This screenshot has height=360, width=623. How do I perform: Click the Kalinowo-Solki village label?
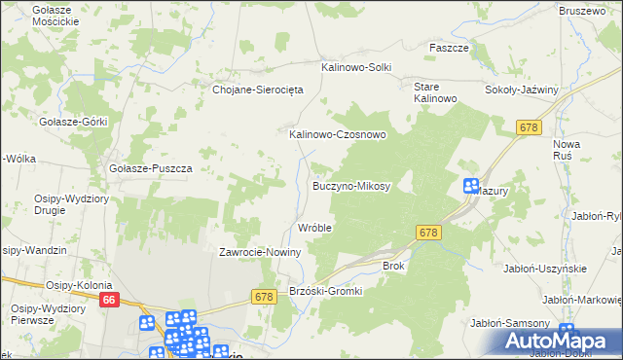[356, 67]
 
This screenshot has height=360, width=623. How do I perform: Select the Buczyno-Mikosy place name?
[350, 185]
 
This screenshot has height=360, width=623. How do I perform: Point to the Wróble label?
[314, 228]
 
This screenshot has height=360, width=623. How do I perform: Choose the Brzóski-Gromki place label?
[326, 291]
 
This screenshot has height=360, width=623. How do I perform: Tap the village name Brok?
[393, 265]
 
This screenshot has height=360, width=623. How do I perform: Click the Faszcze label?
[450, 48]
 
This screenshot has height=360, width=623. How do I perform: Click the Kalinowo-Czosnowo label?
[338, 135]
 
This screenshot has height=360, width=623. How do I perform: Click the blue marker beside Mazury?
[470, 186]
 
